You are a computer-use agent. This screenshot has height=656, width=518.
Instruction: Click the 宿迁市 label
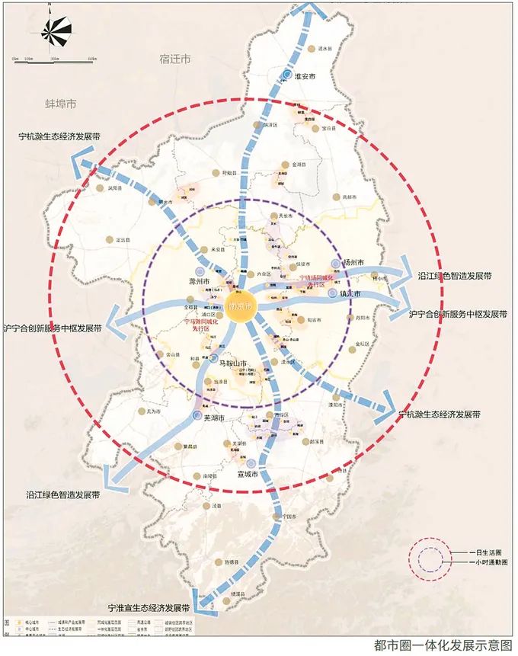(175, 58)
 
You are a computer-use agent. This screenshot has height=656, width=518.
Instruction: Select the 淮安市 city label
(302, 77)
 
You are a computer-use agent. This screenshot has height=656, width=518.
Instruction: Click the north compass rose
(55, 31)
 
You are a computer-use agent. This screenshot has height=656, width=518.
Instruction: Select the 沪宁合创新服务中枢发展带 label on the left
(53, 328)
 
